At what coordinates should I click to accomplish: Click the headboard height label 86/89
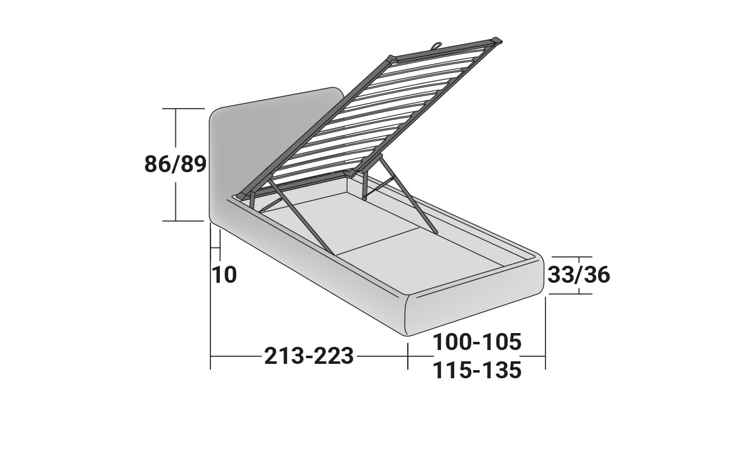175,164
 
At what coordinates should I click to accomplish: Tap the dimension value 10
224,275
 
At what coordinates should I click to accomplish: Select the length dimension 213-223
309,356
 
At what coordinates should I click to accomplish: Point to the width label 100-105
477,342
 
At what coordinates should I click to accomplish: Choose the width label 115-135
477,370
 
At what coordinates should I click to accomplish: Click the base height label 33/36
579,275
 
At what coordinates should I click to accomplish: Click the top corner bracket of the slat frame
497,40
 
